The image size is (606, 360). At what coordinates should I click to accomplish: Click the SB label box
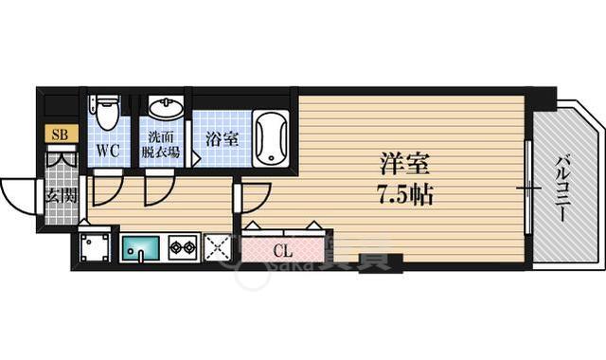point(59,135)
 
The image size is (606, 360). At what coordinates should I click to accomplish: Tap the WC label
point(106,150)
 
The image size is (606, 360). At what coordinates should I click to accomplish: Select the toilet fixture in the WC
point(107,114)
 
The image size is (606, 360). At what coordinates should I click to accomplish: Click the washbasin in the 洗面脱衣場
point(165,110)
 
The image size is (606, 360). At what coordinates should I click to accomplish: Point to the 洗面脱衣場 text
point(162,142)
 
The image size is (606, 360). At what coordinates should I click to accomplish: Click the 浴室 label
point(222,139)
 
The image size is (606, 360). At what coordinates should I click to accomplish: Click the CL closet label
point(282,252)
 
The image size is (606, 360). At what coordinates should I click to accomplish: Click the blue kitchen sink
point(142,249)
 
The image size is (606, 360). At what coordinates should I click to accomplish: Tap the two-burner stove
point(182,249)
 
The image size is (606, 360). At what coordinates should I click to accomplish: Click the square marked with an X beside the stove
point(220,249)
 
